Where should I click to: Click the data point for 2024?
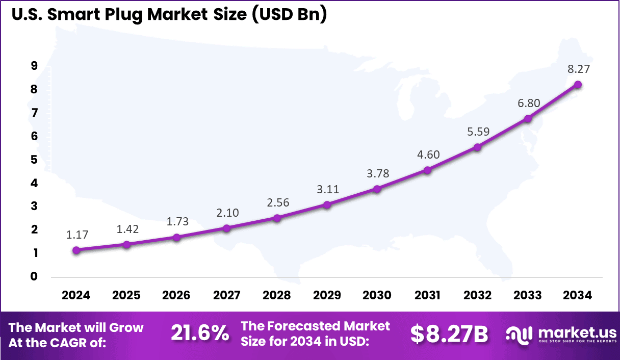[76, 250]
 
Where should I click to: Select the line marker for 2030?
[377, 189]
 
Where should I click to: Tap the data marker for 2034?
[578, 85]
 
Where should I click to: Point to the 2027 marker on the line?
[227, 228]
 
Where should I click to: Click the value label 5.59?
[478, 132]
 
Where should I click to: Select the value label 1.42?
[127, 228]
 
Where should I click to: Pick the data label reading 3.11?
[327, 189]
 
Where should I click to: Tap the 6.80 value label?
[528, 103]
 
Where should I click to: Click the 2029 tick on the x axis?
[327, 295]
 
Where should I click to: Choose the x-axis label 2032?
[478, 295]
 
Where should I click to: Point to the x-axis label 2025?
[126, 295]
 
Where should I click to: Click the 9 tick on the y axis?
[34, 66]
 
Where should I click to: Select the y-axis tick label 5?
[34, 160]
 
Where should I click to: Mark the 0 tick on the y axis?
[34, 277]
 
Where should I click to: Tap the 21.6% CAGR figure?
[200, 334]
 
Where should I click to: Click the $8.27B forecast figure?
[449, 334]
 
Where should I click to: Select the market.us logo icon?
[519, 334]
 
